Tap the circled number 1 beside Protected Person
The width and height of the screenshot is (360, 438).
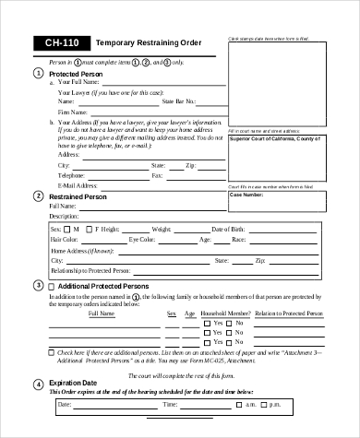pyautogui.click(x=38, y=72)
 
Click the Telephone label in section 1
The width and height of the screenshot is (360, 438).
pyautogui.click(x=74, y=174)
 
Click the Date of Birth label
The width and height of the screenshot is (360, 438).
pyautogui.click(x=229, y=228)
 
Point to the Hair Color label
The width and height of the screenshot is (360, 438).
pyautogui.click(x=67, y=239)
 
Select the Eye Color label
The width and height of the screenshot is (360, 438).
pyautogui.click(x=144, y=239)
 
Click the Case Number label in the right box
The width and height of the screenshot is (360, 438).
pyautogui.click(x=246, y=195)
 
